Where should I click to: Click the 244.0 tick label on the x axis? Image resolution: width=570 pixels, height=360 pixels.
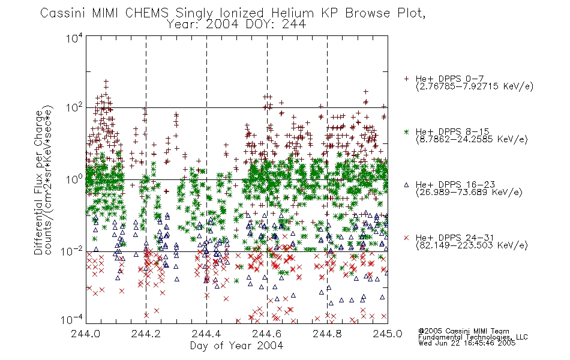pyautogui.click(x=85, y=334)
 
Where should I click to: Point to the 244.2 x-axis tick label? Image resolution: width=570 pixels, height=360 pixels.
pyautogui.click(x=146, y=334)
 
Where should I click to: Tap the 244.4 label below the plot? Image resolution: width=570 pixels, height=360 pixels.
pyautogui.click(x=206, y=334)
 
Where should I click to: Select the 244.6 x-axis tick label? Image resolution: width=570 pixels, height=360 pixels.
pyautogui.click(x=266, y=334)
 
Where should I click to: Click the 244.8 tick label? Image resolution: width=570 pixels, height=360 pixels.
pyautogui.click(x=327, y=334)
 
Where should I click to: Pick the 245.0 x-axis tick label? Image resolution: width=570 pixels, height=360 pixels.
pyautogui.click(x=388, y=334)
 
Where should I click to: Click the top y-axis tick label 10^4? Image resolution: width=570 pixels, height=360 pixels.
pyautogui.click(x=74, y=38)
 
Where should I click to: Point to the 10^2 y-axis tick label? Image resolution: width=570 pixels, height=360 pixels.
pyautogui.click(x=74, y=107)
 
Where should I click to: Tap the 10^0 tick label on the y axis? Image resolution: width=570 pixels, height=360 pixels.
pyautogui.click(x=74, y=179)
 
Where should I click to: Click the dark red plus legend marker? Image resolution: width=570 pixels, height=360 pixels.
pyautogui.click(x=406, y=79)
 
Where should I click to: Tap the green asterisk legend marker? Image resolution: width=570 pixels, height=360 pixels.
pyautogui.click(x=406, y=131)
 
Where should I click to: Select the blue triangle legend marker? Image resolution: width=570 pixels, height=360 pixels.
pyautogui.click(x=406, y=185)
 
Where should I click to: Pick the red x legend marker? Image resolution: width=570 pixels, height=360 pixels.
pyautogui.click(x=406, y=238)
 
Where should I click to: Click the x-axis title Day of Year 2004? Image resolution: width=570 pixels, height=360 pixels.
pyautogui.click(x=236, y=346)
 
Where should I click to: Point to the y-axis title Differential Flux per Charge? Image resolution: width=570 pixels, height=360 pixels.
pyautogui.click(x=38, y=182)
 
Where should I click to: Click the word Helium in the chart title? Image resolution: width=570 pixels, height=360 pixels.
pyautogui.click(x=292, y=13)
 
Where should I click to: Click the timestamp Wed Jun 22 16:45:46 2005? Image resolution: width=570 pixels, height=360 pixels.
pyautogui.click(x=467, y=343)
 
